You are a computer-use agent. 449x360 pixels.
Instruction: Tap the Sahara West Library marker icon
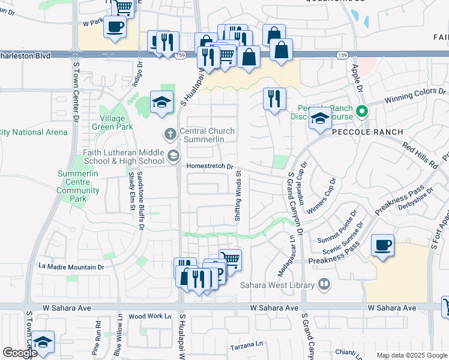point(324,283)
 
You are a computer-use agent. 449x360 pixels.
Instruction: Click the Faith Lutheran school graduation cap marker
point(173,157)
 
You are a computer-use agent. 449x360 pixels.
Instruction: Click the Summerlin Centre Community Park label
point(78,186)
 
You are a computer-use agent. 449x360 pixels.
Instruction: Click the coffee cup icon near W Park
point(115,27)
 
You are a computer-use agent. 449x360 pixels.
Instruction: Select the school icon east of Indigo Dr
point(162,103)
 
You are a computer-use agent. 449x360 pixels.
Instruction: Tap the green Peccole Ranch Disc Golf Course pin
point(361,112)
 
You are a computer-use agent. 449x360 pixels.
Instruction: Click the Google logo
point(20,353)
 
